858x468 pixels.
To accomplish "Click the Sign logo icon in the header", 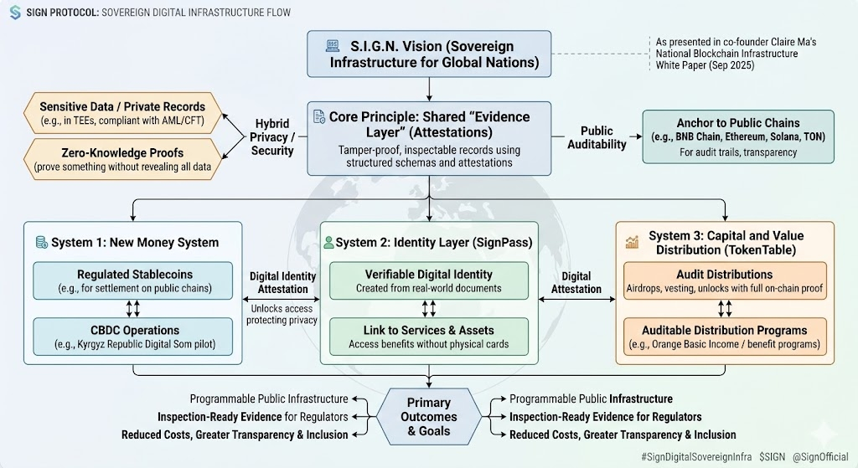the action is (15, 12).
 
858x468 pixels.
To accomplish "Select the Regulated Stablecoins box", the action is (133, 281).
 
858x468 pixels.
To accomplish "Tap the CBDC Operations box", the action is (133, 337).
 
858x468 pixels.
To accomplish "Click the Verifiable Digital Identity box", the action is (429, 281).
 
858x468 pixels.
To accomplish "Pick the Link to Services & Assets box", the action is (429, 337).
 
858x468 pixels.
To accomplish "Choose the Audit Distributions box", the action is (725, 281).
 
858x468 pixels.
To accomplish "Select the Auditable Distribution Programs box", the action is (725, 337).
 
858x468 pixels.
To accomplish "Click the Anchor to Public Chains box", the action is (738, 136).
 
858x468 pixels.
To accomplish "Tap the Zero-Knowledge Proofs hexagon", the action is (122, 159).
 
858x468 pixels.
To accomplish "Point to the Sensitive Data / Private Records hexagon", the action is (122, 113).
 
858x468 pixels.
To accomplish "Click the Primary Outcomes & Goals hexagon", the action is (429, 417).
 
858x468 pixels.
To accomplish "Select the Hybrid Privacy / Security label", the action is (272, 137).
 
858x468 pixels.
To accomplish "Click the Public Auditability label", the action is (597, 137).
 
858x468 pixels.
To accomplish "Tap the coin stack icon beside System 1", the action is (42, 242).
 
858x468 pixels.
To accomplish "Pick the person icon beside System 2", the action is (328, 242).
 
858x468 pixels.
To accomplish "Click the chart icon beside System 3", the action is (632, 242).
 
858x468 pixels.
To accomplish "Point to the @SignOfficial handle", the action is (820, 456).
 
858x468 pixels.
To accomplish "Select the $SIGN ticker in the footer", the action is (772, 456).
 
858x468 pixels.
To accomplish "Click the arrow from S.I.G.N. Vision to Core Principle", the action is (429, 89).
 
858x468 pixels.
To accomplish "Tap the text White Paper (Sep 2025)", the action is (705, 65).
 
